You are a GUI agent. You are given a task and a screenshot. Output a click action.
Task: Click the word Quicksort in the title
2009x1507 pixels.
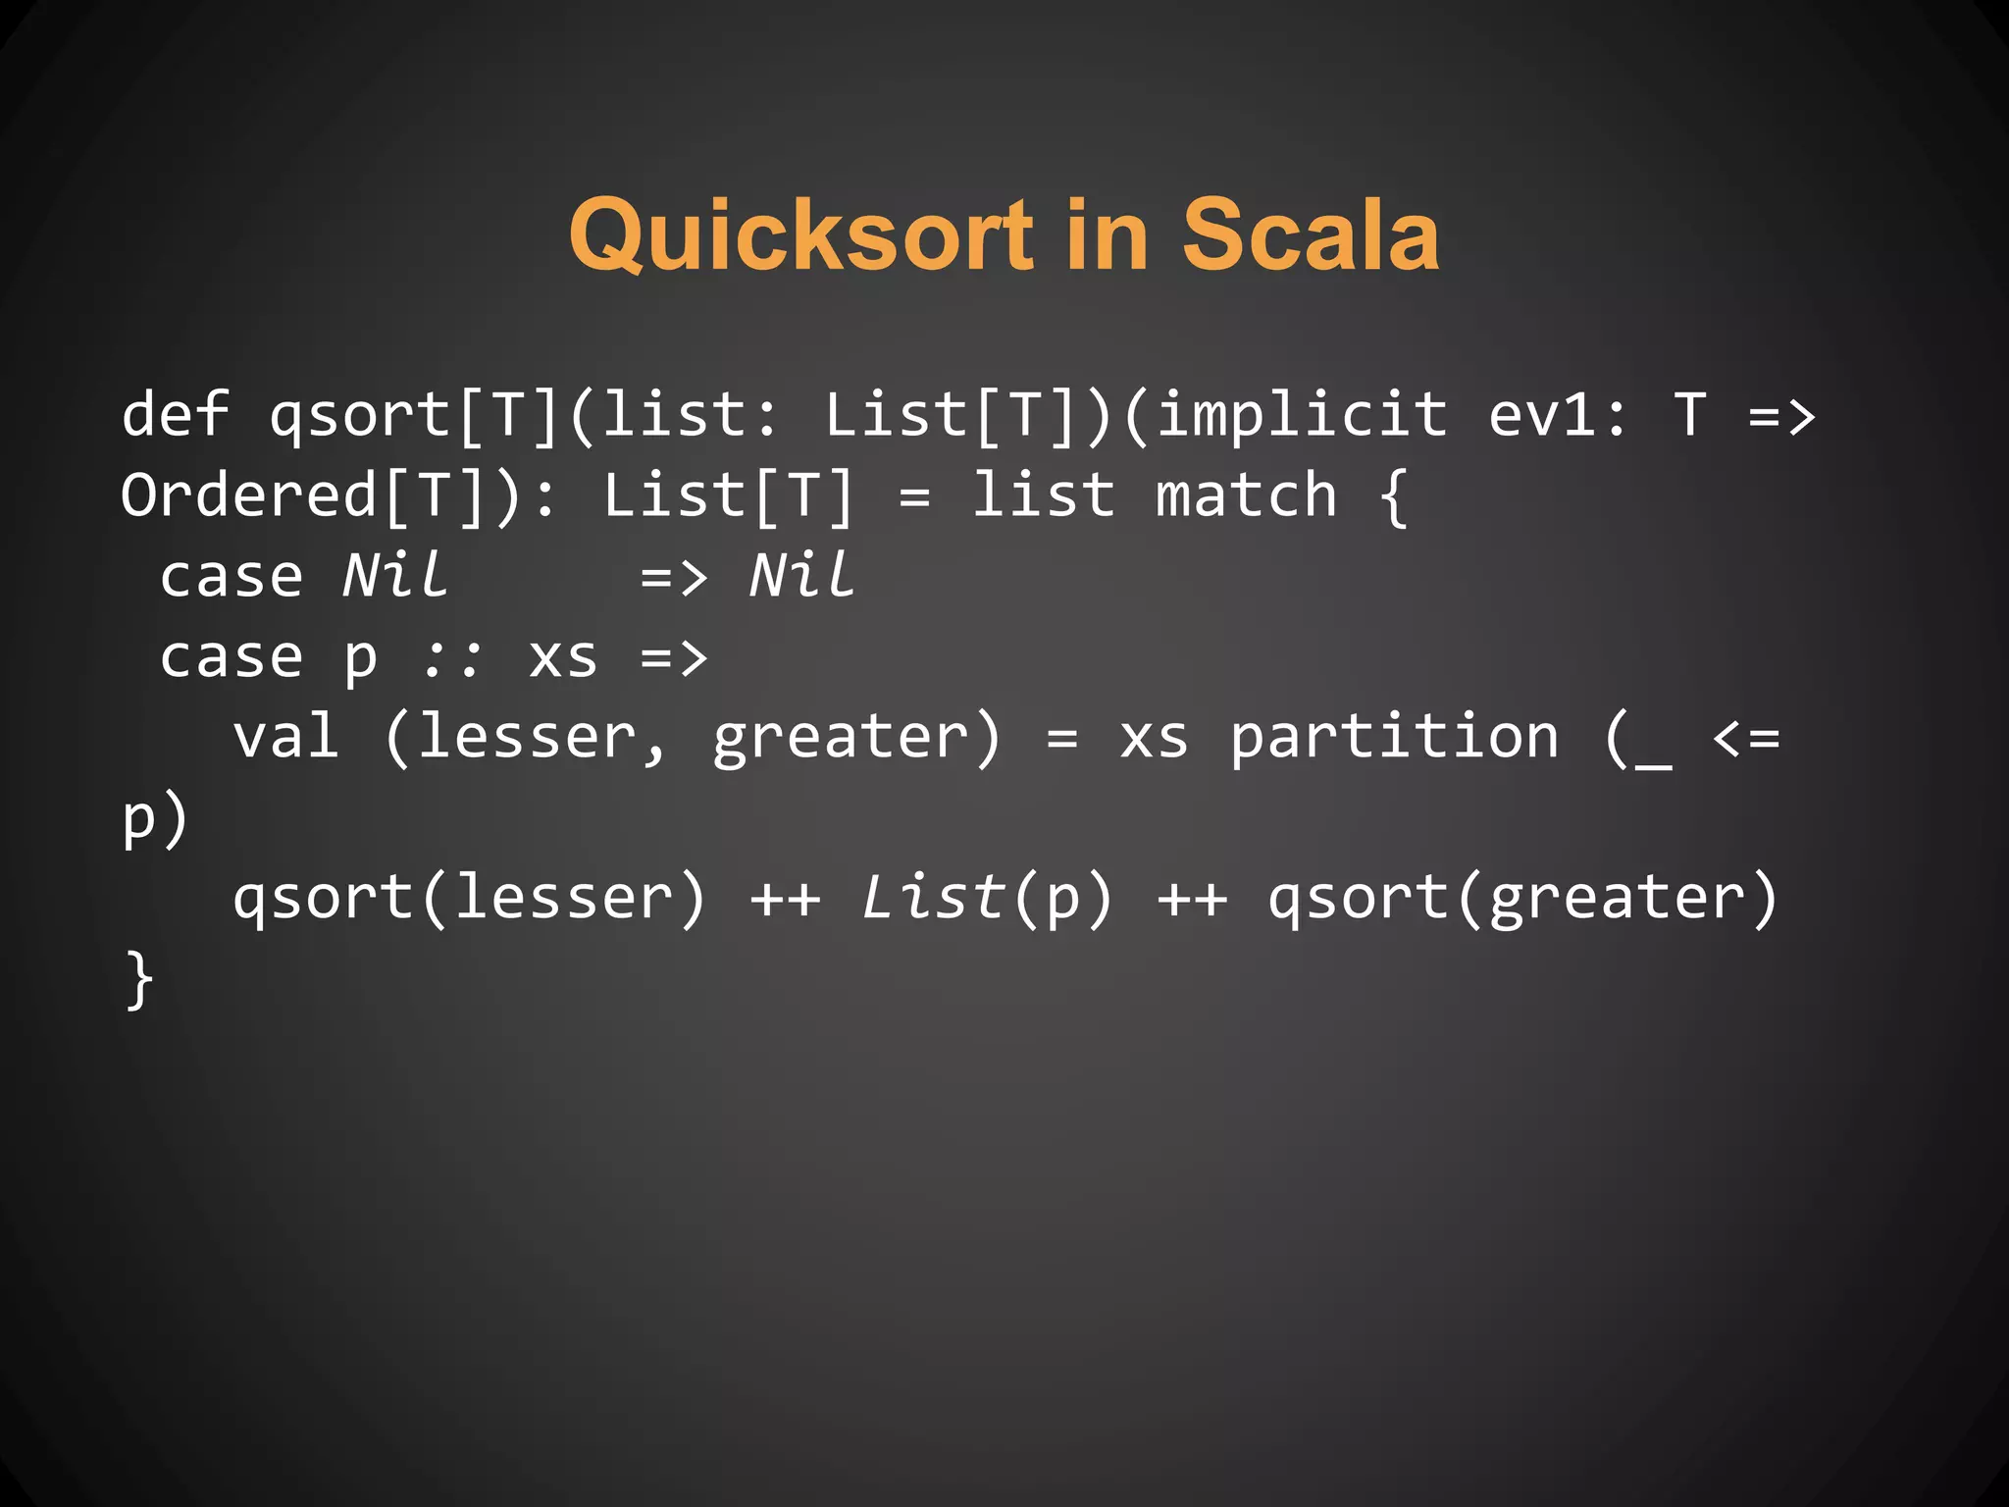[801, 235]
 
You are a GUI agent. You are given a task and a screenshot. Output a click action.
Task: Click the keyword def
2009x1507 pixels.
[176, 413]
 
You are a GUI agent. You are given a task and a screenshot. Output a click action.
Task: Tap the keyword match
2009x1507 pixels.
[1246, 494]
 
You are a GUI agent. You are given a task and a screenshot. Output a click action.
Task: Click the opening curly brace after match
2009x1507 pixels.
[1393, 496]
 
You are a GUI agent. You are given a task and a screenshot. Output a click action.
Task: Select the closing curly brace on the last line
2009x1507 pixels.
[140, 978]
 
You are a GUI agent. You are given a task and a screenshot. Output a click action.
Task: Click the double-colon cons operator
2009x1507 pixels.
[452, 657]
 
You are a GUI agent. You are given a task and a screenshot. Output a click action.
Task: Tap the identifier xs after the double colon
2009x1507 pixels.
[563, 657]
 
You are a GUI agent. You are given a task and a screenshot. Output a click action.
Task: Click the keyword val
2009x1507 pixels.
[286, 737]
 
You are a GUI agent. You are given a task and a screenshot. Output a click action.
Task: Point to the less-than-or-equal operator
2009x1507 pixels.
[1745, 737]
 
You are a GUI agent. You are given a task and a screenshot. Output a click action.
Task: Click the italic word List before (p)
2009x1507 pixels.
[933, 898]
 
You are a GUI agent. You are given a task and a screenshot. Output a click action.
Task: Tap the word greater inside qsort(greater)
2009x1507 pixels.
[1618, 900]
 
